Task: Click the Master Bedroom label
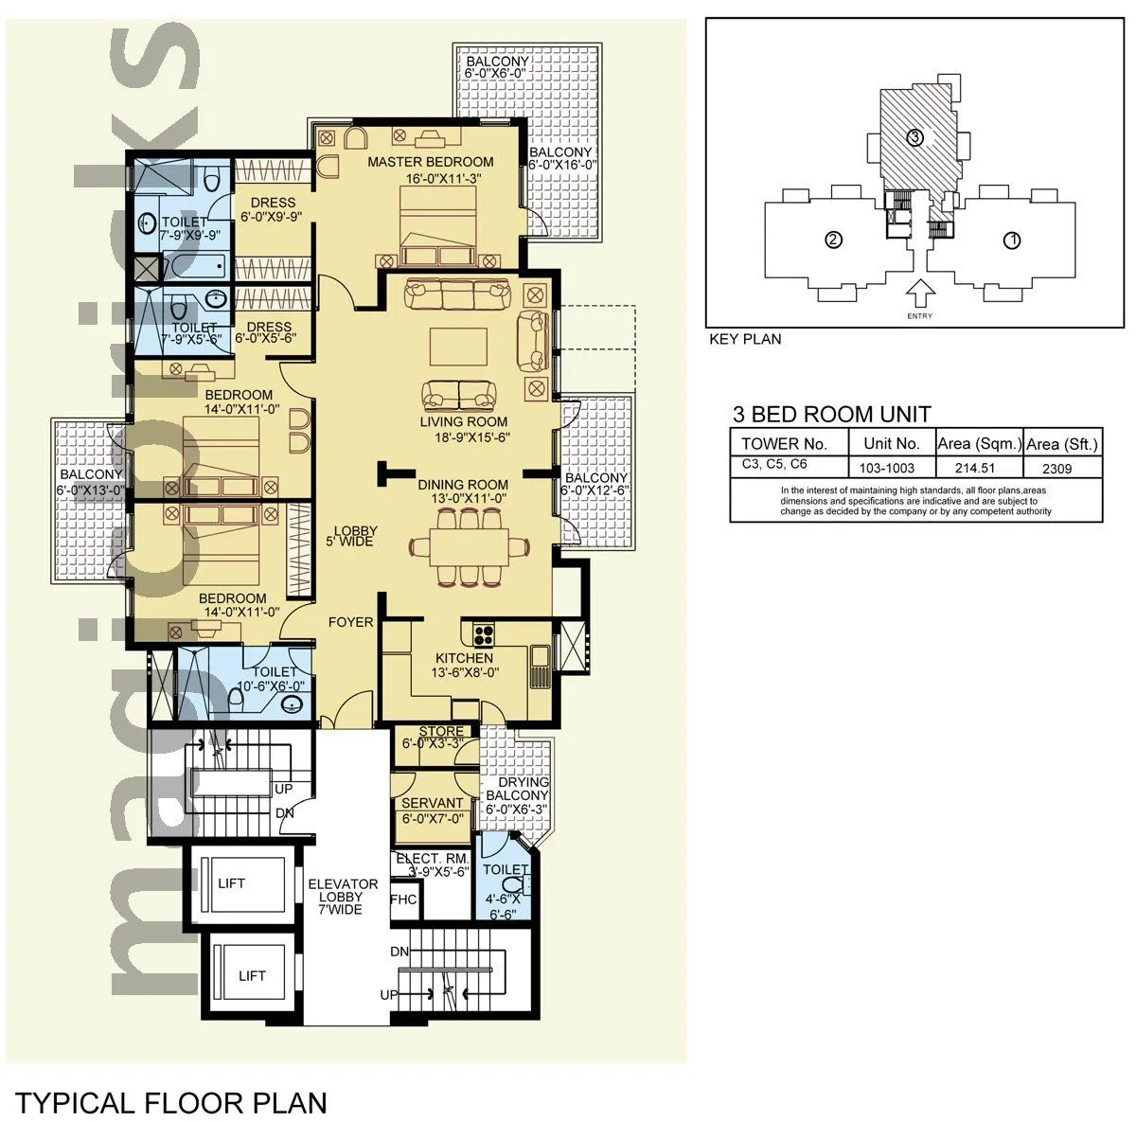[x=430, y=162]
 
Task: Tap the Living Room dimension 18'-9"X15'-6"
[x=464, y=437]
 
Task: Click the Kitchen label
[x=464, y=658]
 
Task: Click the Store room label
[x=441, y=731]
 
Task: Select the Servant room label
[x=433, y=803]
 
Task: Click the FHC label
[x=403, y=899]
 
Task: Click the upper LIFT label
[x=231, y=882]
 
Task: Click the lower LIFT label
[x=252, y=975]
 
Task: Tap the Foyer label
[x=350, y=622]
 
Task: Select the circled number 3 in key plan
[x=914, y=138]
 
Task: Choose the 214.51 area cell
[x=979, y=468]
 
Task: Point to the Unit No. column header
[x=891, y=443]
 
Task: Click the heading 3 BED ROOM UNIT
[x=832, y=414]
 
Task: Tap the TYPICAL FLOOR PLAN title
[x=170, y=1102]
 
